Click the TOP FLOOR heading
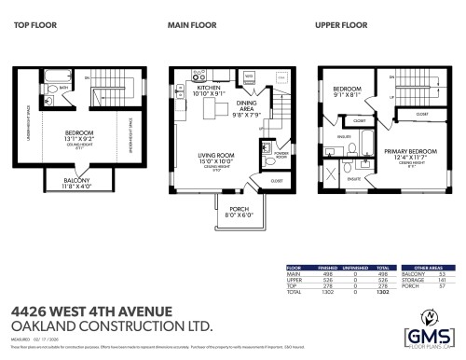pos(33,25)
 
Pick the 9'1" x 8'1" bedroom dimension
pos(347,93)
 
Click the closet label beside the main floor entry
pos(276,181)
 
